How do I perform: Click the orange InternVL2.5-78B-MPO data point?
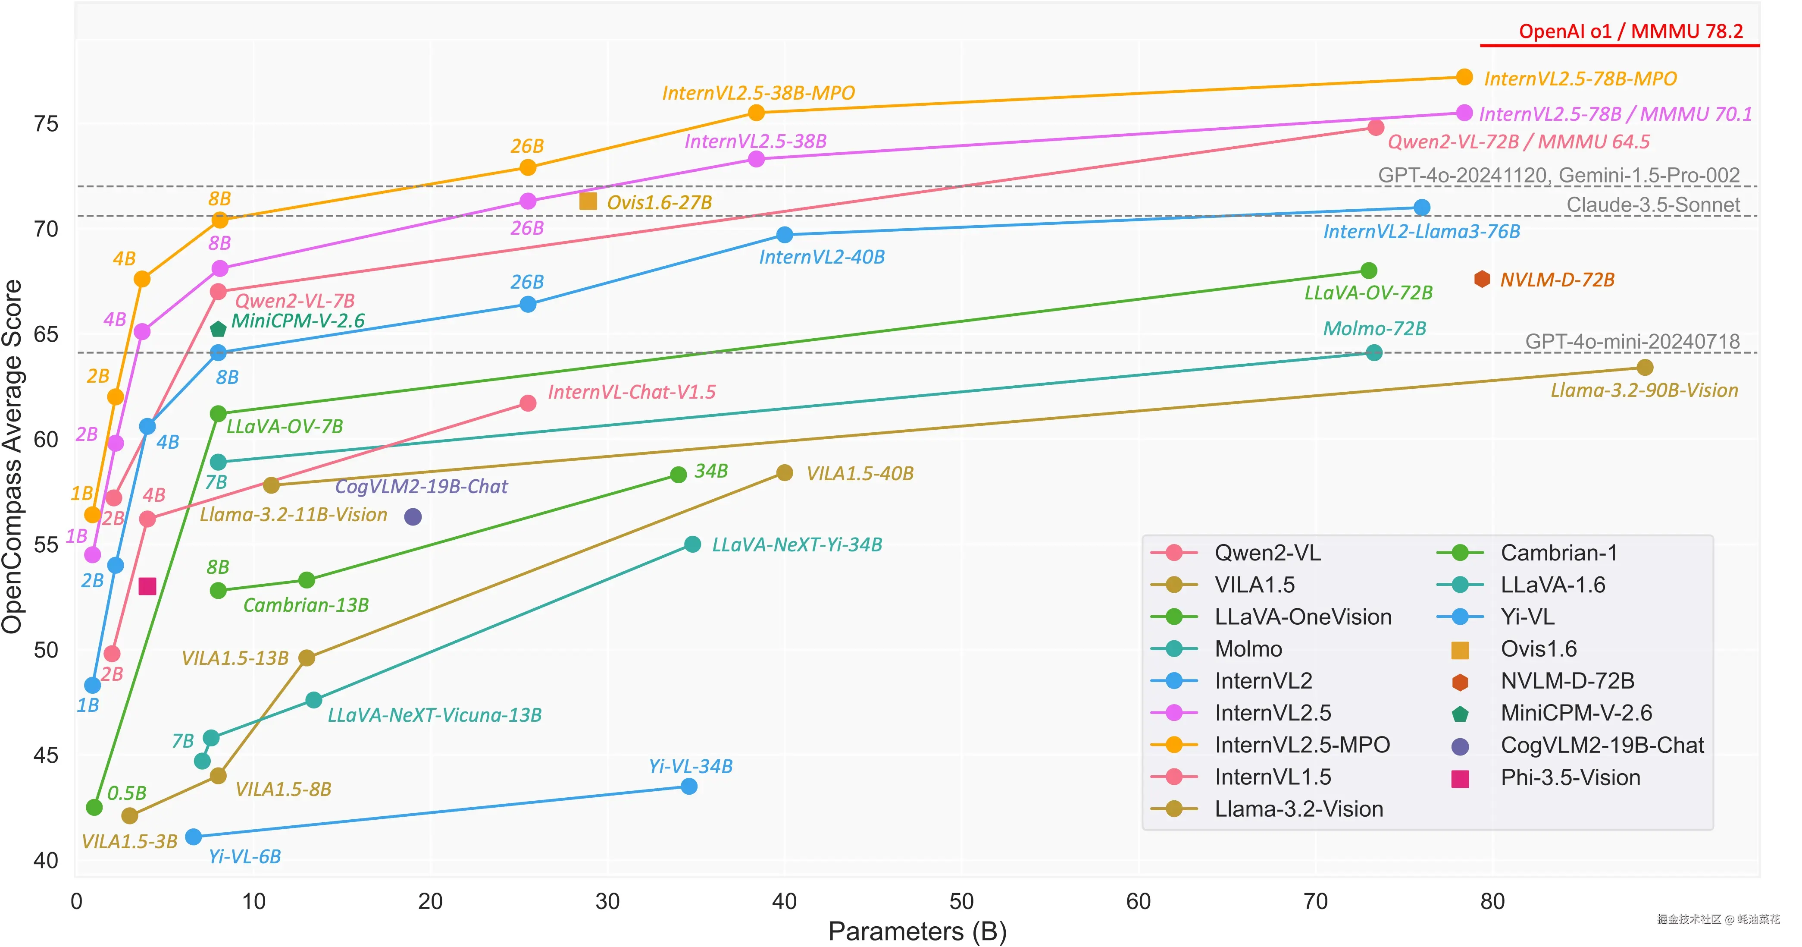1464,77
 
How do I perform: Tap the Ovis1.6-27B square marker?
588,201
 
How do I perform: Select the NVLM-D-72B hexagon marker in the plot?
1482,279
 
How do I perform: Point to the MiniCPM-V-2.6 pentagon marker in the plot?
218,329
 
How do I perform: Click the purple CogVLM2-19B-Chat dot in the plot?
413,516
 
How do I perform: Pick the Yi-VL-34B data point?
689,786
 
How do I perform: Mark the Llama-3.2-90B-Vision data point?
1645,368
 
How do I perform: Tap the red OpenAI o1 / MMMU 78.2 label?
1630,31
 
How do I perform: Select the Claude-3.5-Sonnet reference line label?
1652,205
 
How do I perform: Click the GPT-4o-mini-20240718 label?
1632,342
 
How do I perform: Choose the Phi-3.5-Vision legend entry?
1570,777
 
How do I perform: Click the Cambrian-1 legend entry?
1558,553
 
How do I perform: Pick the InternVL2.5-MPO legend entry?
1302,745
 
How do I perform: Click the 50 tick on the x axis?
961,902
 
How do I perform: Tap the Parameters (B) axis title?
917,931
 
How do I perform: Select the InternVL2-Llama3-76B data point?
1421,207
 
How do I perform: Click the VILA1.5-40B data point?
785,473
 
